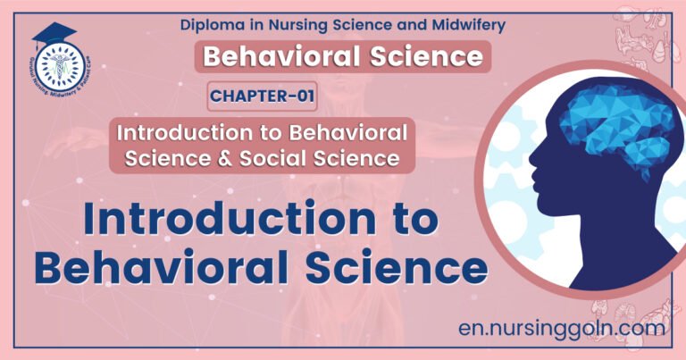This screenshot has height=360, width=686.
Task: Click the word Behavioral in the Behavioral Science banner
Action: (288, 57)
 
